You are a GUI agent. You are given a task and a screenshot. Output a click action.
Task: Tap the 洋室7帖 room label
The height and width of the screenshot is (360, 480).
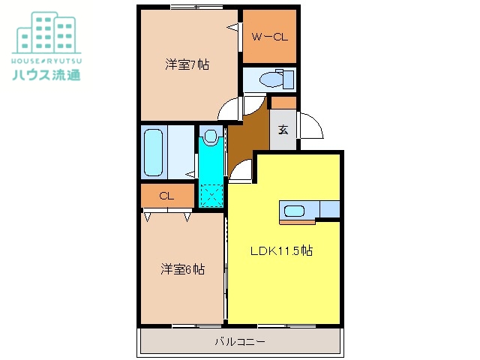[x=187, y=64]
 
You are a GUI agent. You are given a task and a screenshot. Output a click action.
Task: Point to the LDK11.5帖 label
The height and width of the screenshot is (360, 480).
[x=281, y=251]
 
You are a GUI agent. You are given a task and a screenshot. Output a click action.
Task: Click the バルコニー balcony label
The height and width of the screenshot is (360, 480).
[x=240, y=341]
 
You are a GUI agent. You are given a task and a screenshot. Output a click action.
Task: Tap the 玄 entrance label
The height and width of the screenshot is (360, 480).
[x=283, y=130]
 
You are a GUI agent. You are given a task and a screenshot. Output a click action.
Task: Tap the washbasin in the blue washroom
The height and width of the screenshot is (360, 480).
[x=211, y=137]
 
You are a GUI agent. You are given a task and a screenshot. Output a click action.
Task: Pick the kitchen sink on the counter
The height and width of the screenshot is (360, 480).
[x=293, y=211]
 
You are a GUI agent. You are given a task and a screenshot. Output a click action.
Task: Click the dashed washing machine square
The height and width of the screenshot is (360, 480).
[x=211, y=196]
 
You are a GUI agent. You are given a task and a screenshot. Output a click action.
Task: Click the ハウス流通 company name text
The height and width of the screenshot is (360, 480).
[x=46, y=74]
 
